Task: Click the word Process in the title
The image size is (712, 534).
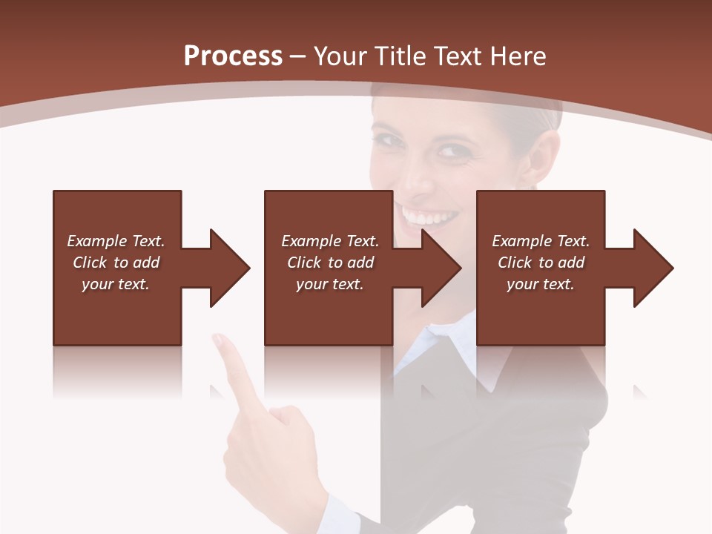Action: coord(233,56)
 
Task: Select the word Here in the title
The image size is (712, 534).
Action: coord(516,56)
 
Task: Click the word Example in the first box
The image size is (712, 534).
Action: coord(97,241)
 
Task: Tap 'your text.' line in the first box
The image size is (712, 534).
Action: coord(116,284)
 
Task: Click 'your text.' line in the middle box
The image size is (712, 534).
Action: coord(329,284)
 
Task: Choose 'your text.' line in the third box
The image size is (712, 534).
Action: coord(540,284)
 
